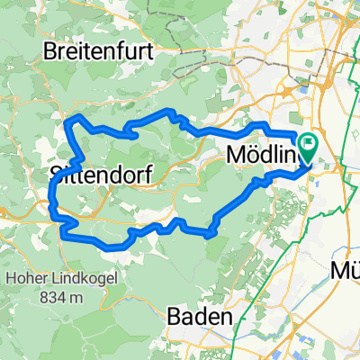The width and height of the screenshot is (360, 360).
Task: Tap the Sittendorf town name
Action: click(x=98, y=171)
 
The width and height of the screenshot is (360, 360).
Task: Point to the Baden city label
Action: click(x=202, y=318)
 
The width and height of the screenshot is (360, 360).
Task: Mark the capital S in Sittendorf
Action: click(x=56, y=171)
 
